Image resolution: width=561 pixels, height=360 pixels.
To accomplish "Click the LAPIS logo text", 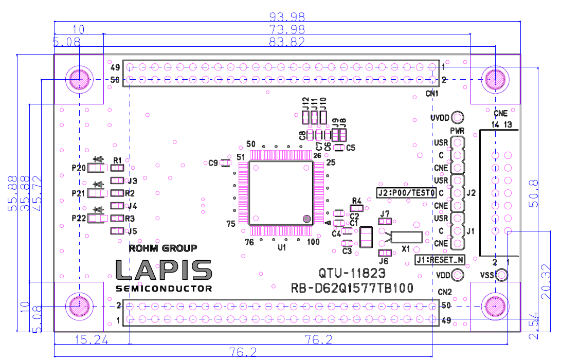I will click(164, 270).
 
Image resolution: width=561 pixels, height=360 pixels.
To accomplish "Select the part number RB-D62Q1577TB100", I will click(352, 289).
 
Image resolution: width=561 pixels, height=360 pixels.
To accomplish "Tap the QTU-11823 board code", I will click(352, 273).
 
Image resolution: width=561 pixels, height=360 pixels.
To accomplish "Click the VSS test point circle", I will click(501, 276).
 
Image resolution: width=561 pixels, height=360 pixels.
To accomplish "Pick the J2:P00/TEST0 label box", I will click(406, 193).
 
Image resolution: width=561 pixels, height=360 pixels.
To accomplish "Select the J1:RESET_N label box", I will click(440, 260).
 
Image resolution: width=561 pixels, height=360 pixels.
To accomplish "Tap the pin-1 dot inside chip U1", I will click(306, 219).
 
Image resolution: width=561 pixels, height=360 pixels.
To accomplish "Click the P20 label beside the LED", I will click(79, 168).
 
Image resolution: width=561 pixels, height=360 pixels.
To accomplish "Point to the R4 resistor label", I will click(357, 200).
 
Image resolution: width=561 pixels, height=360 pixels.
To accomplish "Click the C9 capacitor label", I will click(213, 163).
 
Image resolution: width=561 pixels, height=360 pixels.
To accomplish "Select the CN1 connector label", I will click(431, 94).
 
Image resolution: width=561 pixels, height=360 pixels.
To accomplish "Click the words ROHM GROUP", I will click(162, 248).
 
